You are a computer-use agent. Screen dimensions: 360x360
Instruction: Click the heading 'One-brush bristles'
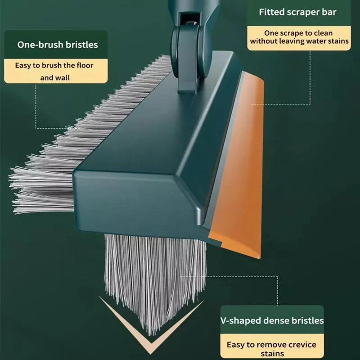click(x=57, y=45)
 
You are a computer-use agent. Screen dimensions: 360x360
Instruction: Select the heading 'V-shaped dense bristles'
click(x=272, y=320)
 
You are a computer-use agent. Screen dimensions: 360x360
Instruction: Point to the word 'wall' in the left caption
click(x=62, y=77)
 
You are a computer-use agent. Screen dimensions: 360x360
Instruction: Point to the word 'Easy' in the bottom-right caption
click(x=236, y=345)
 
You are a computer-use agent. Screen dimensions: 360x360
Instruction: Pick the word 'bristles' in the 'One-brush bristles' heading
click(x=81, y=45)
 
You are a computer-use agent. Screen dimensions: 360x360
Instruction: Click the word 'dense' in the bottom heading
click(x=274, y=320)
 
